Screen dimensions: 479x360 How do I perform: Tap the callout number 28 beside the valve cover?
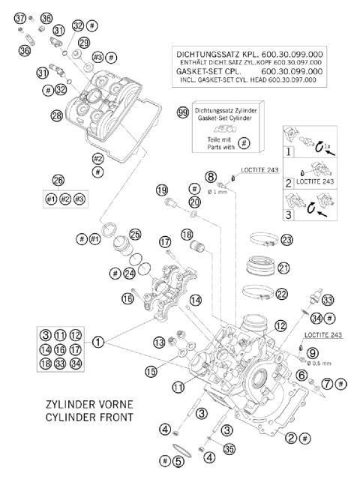[57, 115]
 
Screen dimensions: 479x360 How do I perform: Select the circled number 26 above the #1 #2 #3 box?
[58, 180]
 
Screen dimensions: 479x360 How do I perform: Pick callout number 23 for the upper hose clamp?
[286, 241]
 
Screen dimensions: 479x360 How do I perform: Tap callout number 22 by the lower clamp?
[283, 293]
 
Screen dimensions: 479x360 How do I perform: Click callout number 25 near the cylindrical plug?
[135, 234]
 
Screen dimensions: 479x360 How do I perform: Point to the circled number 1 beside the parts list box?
[98, 343]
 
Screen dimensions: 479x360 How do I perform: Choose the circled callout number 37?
[20, 17]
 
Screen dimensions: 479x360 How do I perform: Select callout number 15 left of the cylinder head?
[151, 370]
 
